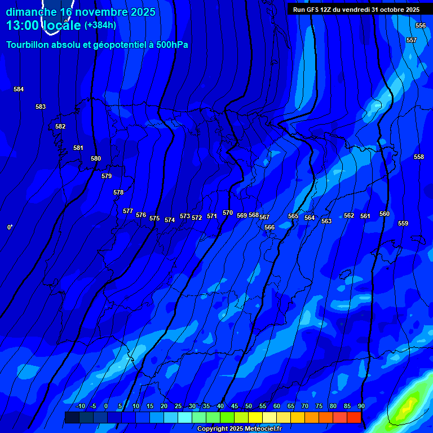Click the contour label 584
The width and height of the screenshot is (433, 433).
pyautogui.click(x=19, y=89)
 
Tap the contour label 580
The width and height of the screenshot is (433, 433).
pyautogui.click(x=96, y=158)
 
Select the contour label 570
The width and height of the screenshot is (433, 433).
pyautogui.click(x=228, y=213)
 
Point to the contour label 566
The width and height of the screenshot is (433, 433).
pyautogui.click(x=269, y=227)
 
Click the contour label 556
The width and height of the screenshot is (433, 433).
pyautogui.click(x=421, y=25)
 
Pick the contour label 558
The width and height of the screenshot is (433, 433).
pyautogui.click(x=419, y=157)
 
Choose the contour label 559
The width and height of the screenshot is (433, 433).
pyautogui.click(x=403, y=223)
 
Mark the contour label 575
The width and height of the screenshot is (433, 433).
pyautogui.click(x=154, y=218)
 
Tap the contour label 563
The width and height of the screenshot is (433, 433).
pyautogui.click(x=326, y=221)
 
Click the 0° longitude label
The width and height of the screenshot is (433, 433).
pyautogui.click(x=10, y=227)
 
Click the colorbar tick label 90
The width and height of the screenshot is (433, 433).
pyautogui.click(x=361, y=406)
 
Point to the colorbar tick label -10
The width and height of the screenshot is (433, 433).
pyautogui.click(x=80, y=406)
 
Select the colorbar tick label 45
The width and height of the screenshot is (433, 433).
pyautogui.click(x=234, y=406)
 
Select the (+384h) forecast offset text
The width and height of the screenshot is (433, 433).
pyautogui.click(x=100, y=25)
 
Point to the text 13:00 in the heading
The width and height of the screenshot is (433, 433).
pyautogui.click(x=23, y=25)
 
